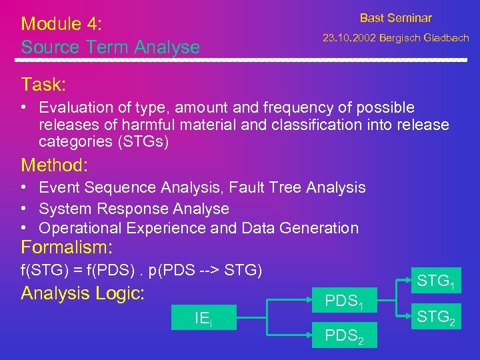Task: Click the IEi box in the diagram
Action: tap(203, 319)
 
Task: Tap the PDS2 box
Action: tap(343, 337)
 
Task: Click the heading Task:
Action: tap(43, 85)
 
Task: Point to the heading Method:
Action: tap(55, 165)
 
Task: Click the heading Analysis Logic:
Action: tap(83, 293)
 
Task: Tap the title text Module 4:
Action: tap(61, 24)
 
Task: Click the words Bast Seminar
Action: tap(395, 18)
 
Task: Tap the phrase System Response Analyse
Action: tap(134, 208)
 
